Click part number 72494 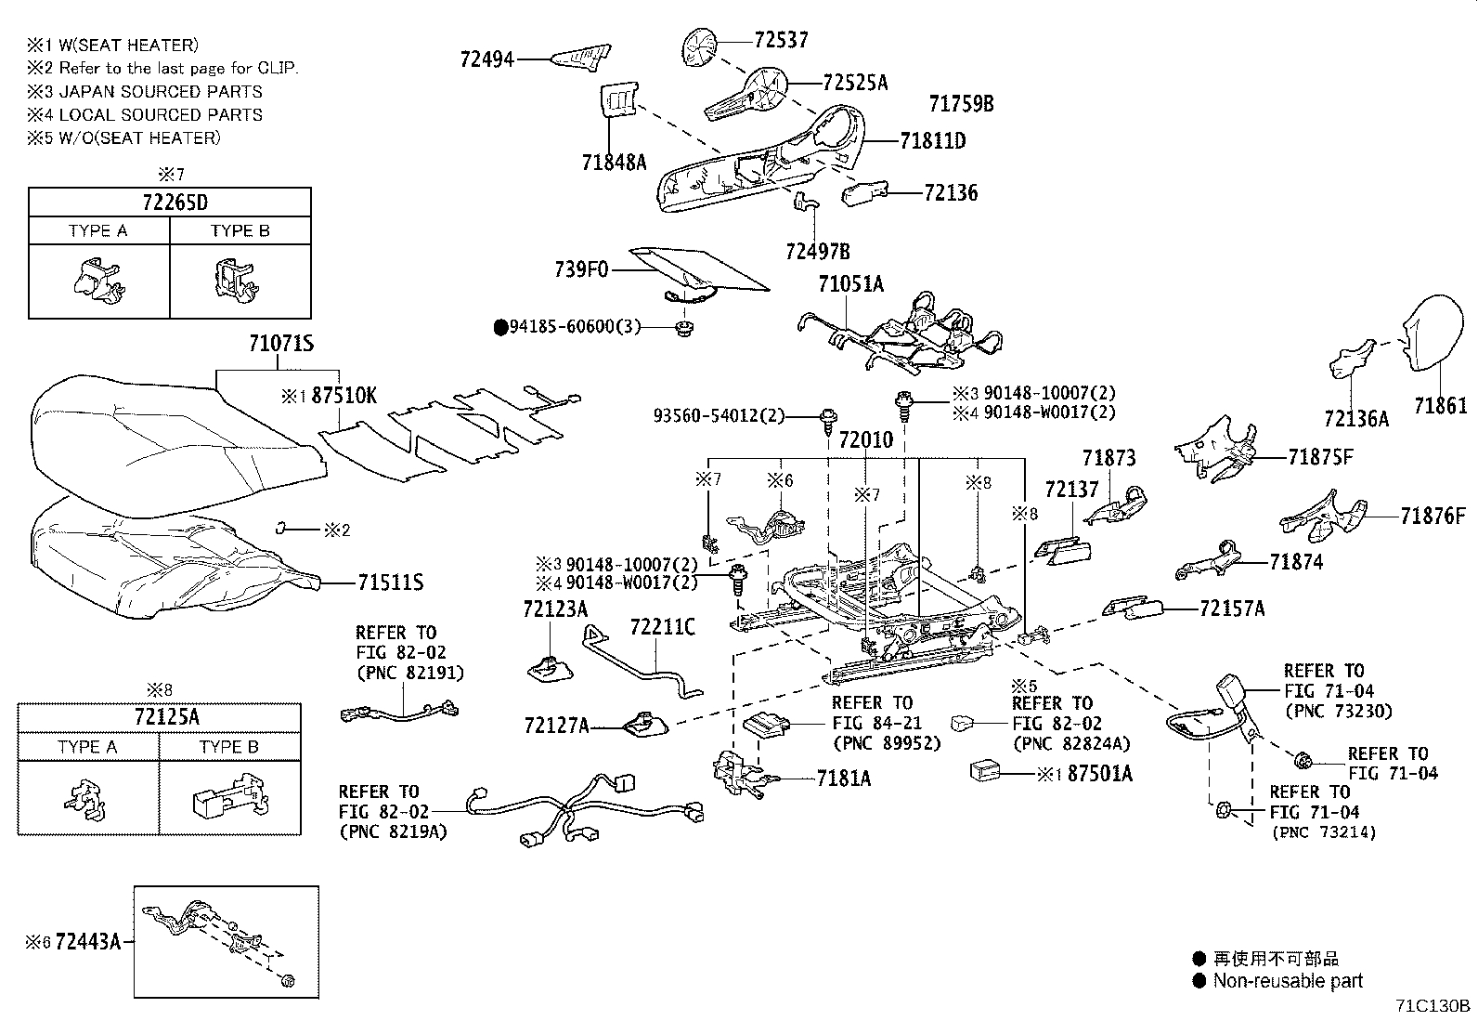486,59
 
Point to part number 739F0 580,269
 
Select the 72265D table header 170,203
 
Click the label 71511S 390,582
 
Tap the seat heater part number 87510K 344,396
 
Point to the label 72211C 661,627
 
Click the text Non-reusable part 1288,980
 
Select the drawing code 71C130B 1433,1006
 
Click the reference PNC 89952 887,743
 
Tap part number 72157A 1232,609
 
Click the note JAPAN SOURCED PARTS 160,91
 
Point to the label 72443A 88,942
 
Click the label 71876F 1433,516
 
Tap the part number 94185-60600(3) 575,327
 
